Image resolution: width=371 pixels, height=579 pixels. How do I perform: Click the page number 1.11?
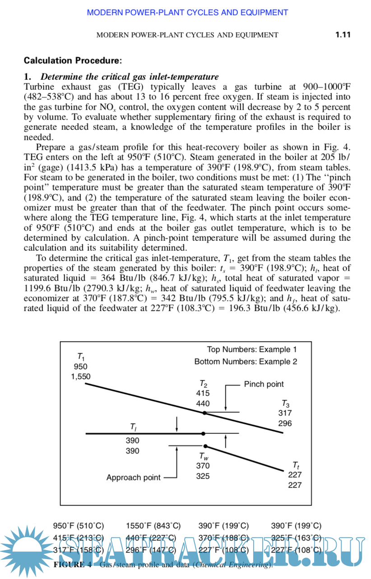coord(343,35)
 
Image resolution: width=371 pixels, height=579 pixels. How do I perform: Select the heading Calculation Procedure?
coord(73,60)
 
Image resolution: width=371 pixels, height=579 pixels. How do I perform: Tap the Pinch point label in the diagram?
coord(264,384)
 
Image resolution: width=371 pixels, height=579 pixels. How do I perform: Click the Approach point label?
coord(133,478)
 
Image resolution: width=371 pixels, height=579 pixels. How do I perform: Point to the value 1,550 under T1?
coord(81,377)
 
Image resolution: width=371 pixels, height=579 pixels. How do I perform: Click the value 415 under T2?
coord(203,393)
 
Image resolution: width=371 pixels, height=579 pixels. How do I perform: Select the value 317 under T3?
coord(285,413)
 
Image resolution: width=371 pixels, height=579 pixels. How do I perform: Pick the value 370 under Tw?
coord(203,466)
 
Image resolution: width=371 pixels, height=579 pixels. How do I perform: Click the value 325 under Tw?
coord(203,476)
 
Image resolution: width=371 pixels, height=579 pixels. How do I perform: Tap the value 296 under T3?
coord(285,423)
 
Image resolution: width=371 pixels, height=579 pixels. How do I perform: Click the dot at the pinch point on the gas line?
coord(204,413)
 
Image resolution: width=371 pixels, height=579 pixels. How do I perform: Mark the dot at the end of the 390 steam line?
coord(203,433)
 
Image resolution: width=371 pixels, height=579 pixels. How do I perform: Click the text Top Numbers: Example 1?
coord(252,349)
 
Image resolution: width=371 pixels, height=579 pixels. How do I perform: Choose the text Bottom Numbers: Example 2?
coord(246,362)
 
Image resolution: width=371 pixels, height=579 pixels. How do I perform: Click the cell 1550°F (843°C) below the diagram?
coord(153,526)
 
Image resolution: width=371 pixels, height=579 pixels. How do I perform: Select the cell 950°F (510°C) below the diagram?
coord(79,526)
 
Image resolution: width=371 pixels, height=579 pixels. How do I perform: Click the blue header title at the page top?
coord(187,13)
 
